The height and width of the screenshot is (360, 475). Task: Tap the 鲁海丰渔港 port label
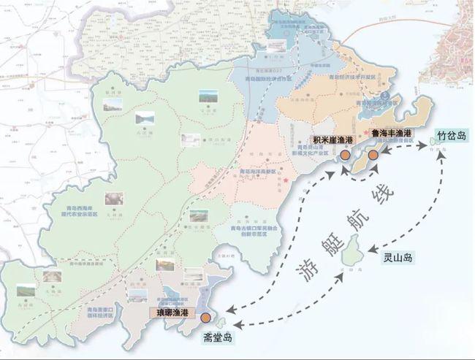coord(392,134)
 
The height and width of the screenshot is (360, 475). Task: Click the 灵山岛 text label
coord(398,258)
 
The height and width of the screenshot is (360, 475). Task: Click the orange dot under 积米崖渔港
coord(344,156)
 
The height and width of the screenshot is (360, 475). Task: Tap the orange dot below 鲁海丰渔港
coord(373,156)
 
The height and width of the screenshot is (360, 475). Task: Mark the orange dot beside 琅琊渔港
coord(207,318)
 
